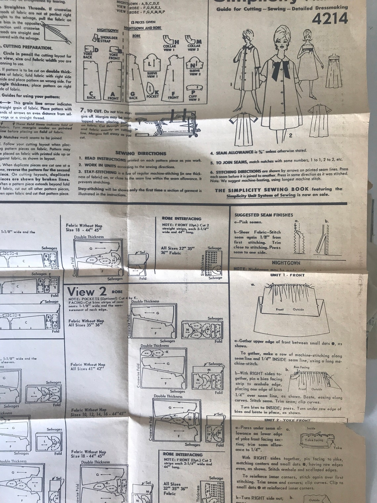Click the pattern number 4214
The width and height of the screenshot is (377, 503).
[329, 19]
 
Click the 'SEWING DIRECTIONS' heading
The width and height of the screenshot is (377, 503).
[141, 153]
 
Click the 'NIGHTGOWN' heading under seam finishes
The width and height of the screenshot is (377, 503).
[286, 263]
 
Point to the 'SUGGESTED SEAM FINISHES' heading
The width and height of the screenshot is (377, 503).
[264, 215]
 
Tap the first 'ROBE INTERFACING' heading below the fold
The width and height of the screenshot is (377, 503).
[182, 218]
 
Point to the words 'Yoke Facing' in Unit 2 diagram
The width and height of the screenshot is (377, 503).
[314, 440]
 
